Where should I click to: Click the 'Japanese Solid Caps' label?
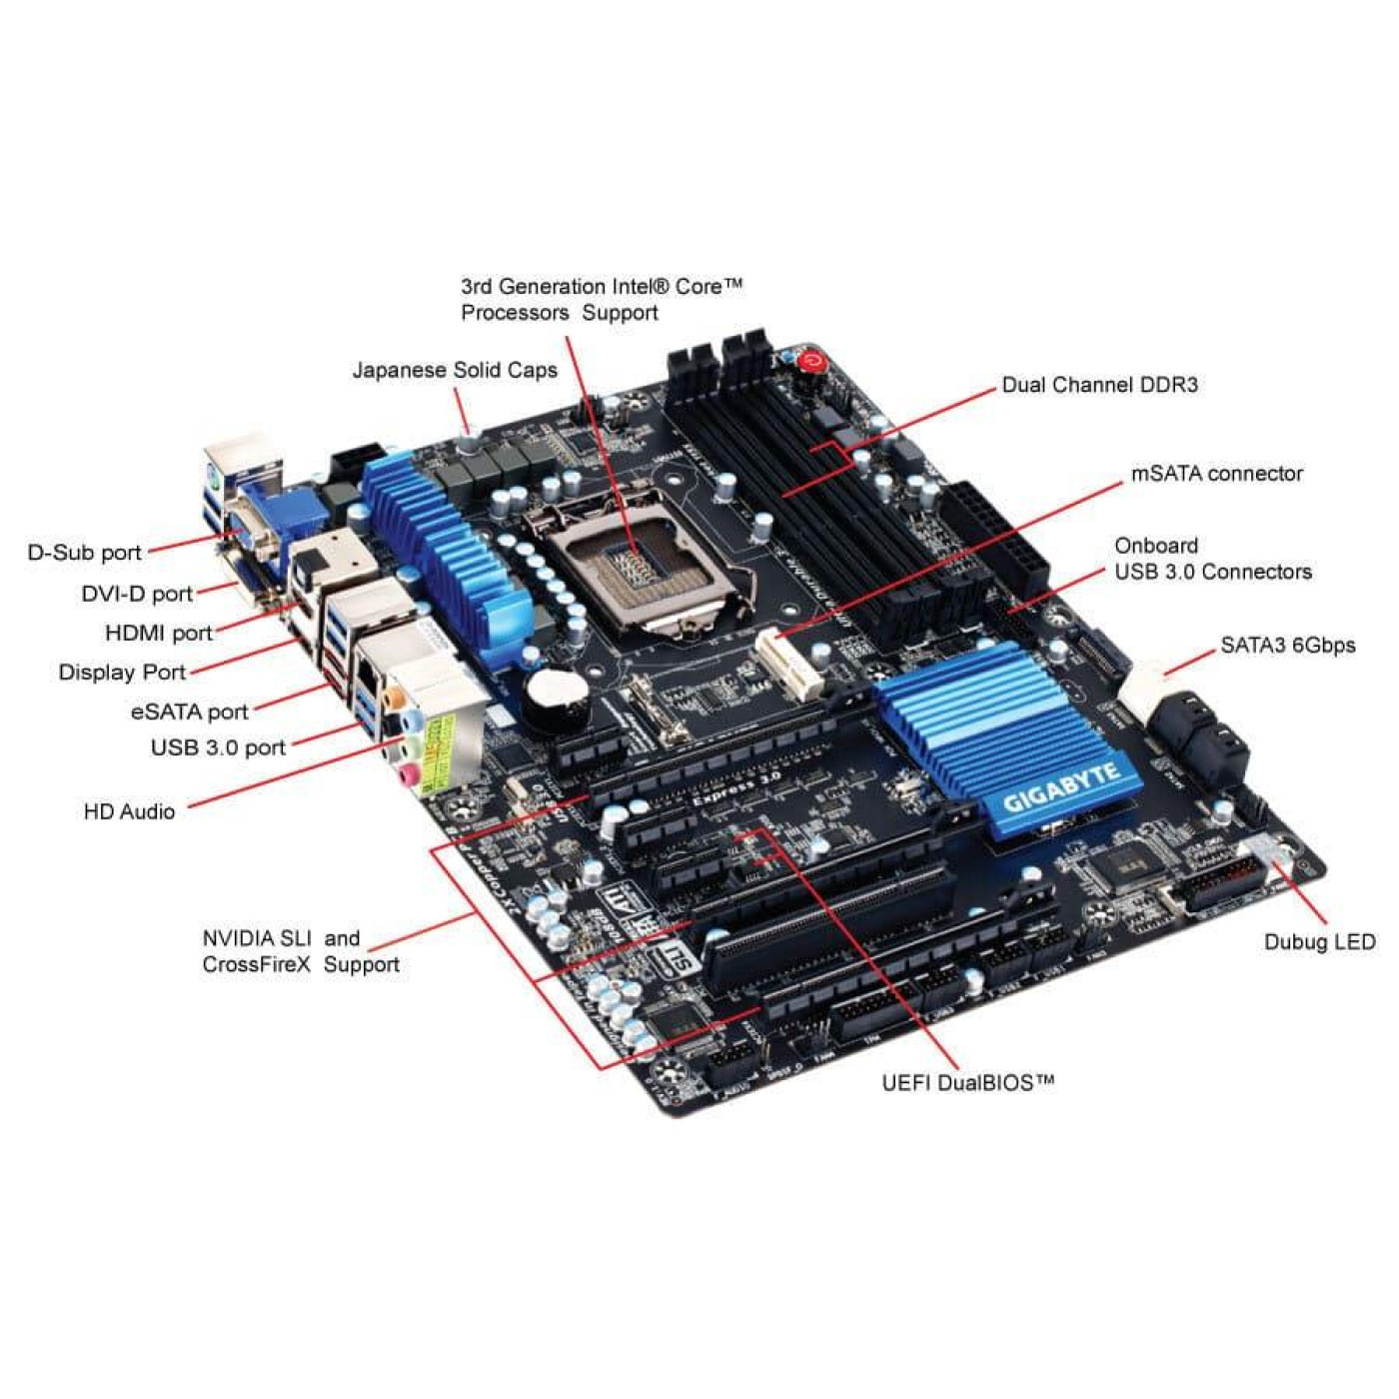click(455, 371)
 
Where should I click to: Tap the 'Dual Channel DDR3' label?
click(1099, 386)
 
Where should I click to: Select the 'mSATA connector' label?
click(1216, 474)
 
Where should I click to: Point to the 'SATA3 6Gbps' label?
click(1287, 646)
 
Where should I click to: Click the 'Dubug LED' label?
click(1319, 942)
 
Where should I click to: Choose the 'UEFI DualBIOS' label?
click(967, 1083)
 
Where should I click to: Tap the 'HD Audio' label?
click(129, 812)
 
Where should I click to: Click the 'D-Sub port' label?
click(85, 553)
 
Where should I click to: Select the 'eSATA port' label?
click(189, 712)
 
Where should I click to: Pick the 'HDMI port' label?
click(159, 634)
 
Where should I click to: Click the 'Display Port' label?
click(122, 673)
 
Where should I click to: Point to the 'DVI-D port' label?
click(137, 595)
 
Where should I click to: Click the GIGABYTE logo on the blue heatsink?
click(1061, 788)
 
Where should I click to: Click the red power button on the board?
click(811, 361)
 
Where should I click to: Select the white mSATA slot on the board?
click(788, 664)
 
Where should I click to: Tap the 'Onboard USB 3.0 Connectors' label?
click(1212, 559)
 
